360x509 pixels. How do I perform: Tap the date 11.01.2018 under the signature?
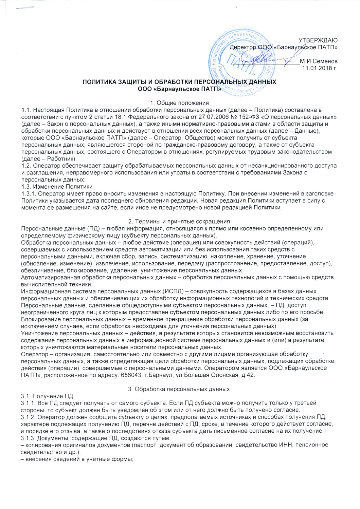[317, 68]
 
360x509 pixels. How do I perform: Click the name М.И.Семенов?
[319, 61]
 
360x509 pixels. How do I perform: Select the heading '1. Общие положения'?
[180, 103]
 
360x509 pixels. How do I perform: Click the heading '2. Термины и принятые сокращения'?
[180, 222]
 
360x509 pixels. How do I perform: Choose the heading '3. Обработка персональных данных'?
[180, 389]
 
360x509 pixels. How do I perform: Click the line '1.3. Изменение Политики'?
[57, 187]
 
